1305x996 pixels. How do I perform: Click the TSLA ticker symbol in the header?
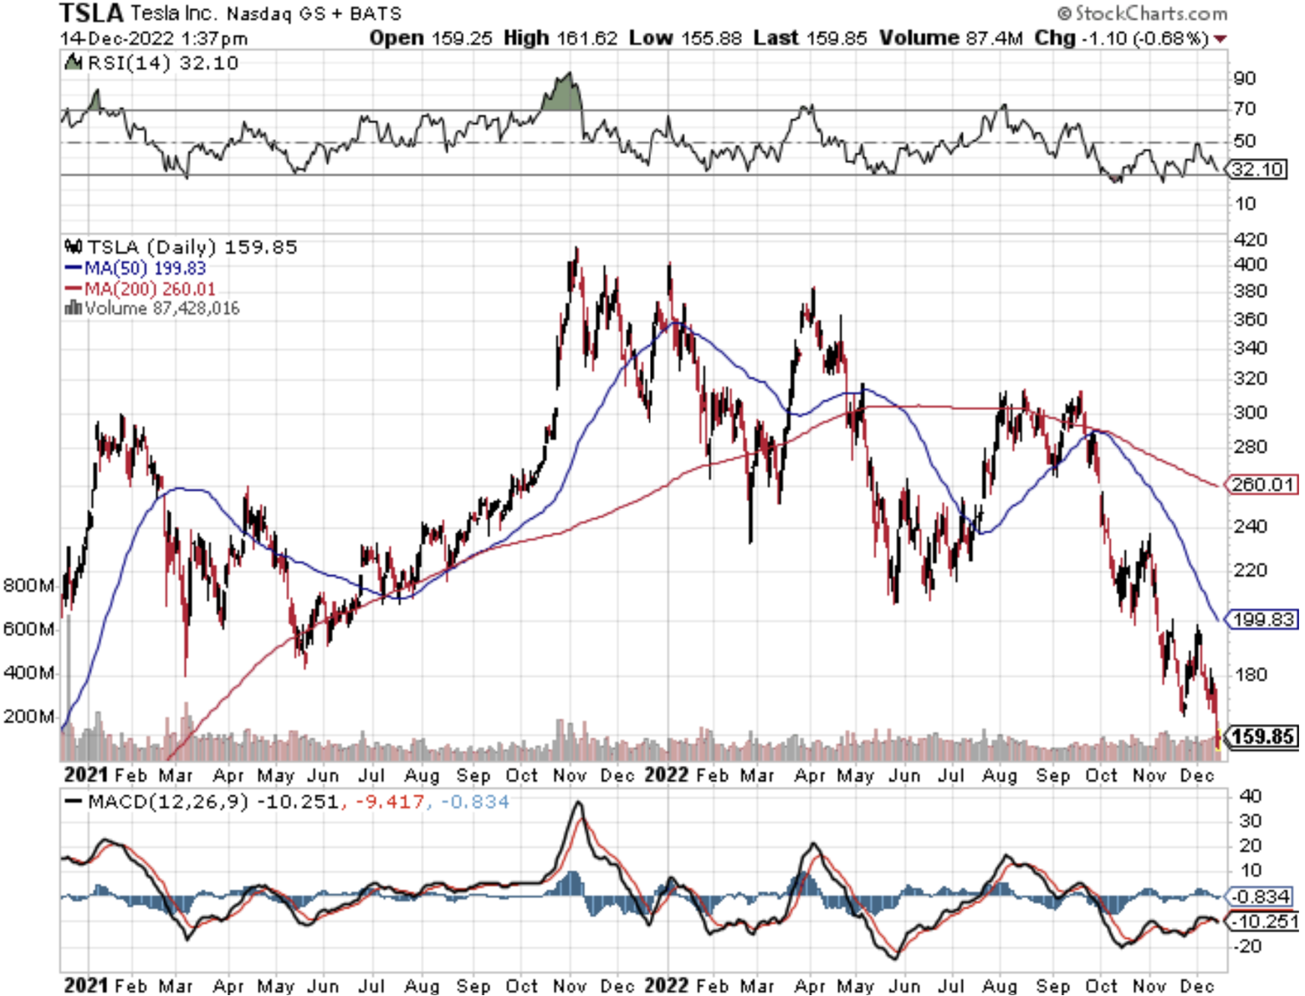tap(91, 13)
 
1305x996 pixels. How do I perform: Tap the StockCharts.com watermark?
tap(1142, 13)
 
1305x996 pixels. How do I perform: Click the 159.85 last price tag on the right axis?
tap(1263, 737)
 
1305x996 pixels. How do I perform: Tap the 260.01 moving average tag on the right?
tap(1263, 484)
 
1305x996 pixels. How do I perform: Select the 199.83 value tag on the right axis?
tap(1263, 619)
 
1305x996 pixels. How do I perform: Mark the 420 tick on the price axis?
tap(1250, 239)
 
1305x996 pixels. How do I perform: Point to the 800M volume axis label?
tap(28, 585)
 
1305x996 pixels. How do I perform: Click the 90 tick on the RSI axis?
tap(1244, 78)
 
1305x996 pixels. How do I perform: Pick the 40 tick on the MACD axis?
tap(1249, 795)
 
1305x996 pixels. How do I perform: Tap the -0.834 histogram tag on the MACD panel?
tap(1262, 896)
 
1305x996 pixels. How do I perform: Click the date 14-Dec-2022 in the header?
tap(117, 39)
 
